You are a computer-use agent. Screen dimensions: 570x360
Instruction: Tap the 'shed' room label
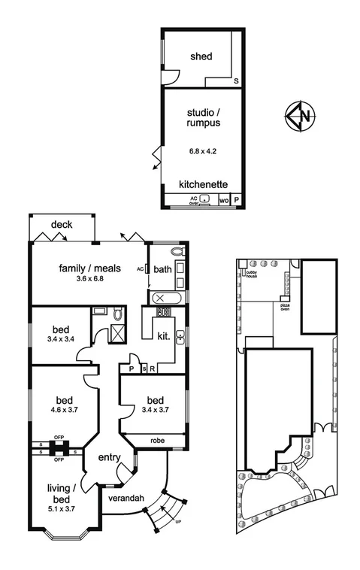(201, 56)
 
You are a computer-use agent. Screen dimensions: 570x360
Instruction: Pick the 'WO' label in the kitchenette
(223, 201)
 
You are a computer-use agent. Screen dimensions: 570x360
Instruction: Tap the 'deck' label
(62, 225)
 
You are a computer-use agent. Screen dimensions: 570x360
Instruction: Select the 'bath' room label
(162, 269)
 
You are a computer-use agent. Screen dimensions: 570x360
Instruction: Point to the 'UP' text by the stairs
(177, 521)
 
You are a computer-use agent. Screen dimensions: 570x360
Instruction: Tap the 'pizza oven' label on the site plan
(285, 308)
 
